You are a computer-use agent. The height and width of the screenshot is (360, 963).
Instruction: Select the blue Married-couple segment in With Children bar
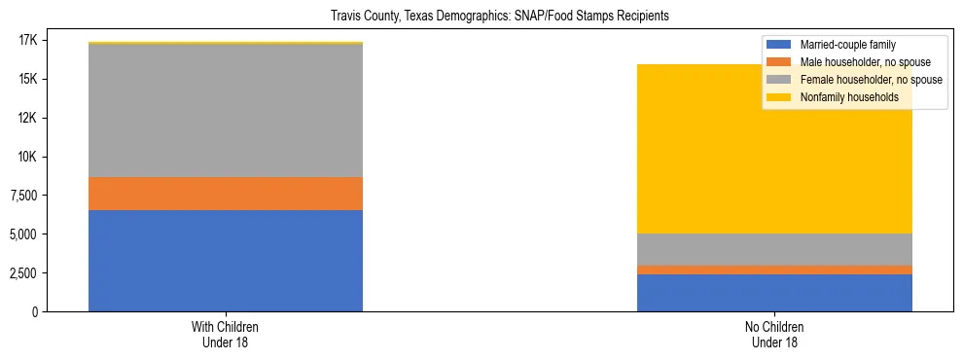(226, 261)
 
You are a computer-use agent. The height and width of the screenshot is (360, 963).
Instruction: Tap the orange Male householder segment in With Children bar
(226, 194)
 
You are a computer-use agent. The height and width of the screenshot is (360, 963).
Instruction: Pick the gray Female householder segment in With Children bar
(226, 111)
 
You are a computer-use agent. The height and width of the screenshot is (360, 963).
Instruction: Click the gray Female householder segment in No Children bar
(774, 249)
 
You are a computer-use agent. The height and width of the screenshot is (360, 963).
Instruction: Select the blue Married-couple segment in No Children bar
(774, 293)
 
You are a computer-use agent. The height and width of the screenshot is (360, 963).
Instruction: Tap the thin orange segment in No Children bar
(774, 270)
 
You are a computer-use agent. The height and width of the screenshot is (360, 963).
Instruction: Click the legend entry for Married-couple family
(846, 45)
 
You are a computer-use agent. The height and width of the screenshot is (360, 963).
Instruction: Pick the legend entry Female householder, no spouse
(870, 80)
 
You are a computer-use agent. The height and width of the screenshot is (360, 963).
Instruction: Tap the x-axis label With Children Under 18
(226, 334)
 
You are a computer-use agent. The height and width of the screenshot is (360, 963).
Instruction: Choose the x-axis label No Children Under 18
(774, 334)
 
